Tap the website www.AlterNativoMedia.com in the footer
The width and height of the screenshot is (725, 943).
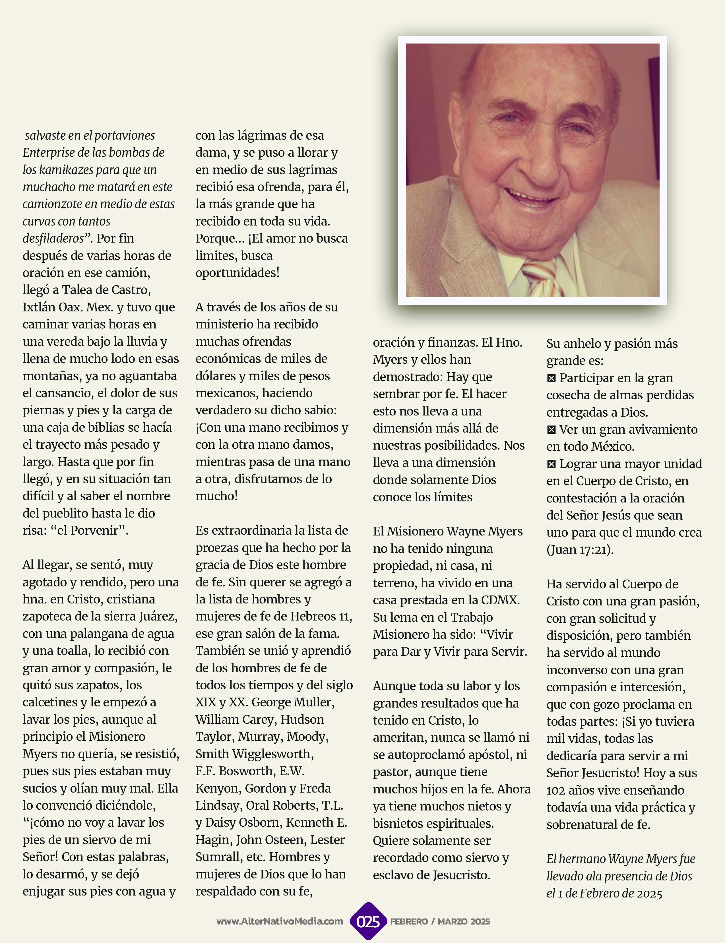click(x=280, y=921)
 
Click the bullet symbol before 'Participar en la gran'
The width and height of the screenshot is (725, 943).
click(x=551, y=378)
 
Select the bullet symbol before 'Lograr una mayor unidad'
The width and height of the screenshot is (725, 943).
click(x=551, y=464)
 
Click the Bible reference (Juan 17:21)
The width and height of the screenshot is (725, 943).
click(x=580, y=550)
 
